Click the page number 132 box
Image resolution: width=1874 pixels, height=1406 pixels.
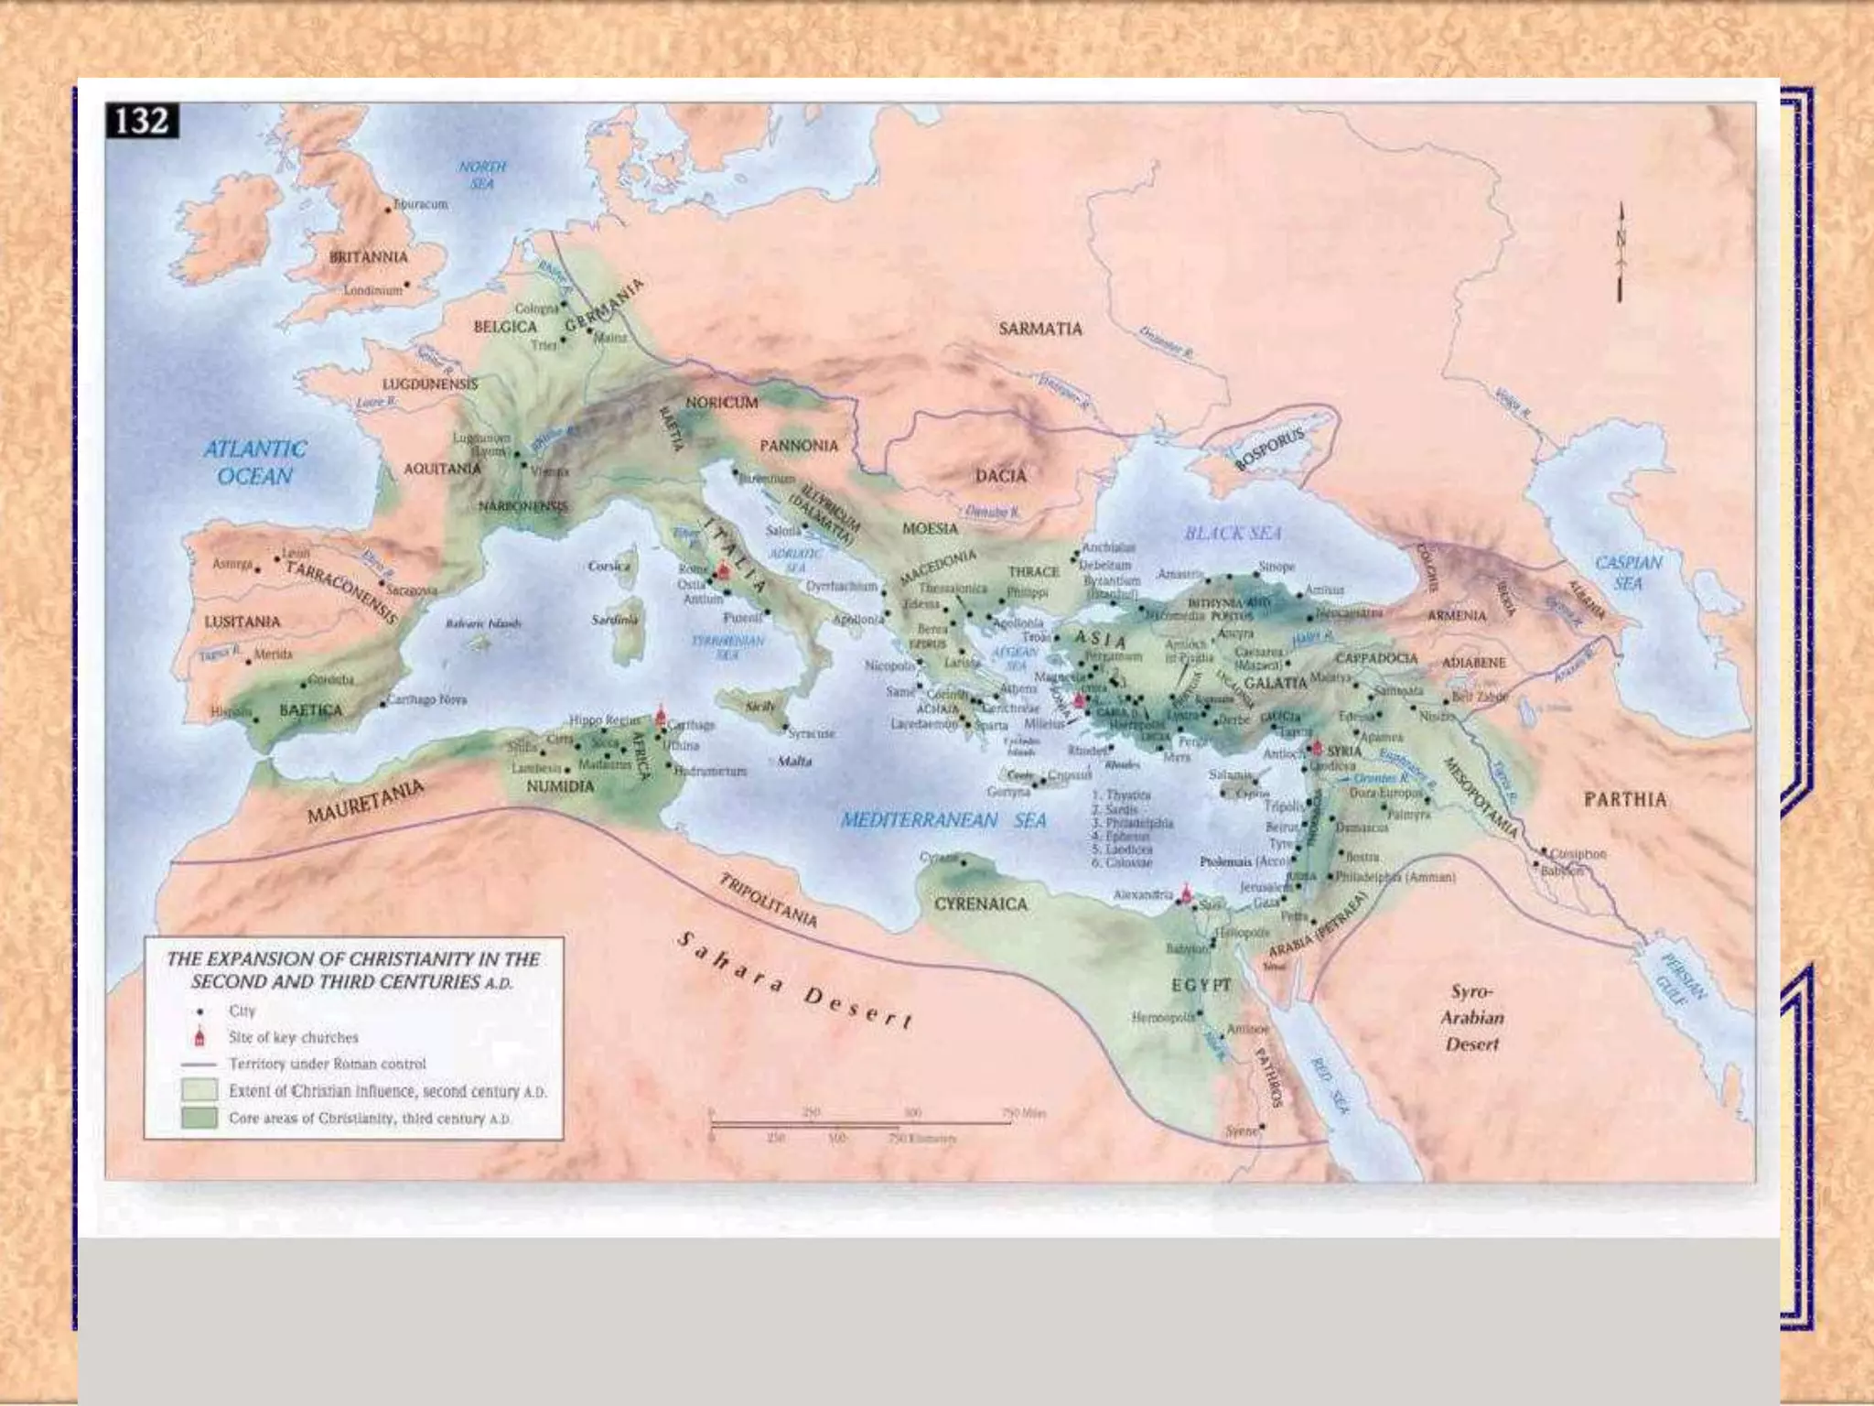point(143,121)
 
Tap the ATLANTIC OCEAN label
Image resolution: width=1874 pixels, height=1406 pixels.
point(253,462)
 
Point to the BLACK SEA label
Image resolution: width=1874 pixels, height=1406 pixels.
point(1233,533)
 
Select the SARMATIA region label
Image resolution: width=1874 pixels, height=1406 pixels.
point(1039,329)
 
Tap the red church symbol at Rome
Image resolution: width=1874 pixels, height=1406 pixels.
point(723,569)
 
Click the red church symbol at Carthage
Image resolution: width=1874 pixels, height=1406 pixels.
point(661,716)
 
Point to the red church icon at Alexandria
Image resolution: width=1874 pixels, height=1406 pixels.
point(1187,894)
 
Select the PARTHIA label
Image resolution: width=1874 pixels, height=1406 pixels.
point(1625,799)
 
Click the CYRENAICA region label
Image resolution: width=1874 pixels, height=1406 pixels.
point(981,904)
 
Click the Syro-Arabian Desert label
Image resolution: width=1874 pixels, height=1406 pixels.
point(1471,1018)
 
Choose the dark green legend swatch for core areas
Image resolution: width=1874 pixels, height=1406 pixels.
point(199,1118)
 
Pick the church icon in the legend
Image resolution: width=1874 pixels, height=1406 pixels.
point(200,1037)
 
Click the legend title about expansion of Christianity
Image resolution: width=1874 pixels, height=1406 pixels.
point(352,970)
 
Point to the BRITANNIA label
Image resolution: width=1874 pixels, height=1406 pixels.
point(368,257)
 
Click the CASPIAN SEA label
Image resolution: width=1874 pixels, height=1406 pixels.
point(1628,572)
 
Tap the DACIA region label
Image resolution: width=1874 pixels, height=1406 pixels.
point(1000,476)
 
